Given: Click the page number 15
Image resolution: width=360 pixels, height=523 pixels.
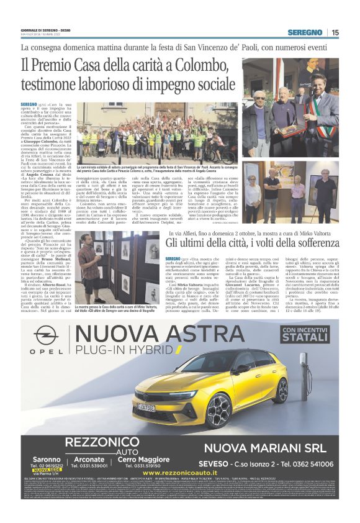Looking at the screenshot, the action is click(x=335, y=32).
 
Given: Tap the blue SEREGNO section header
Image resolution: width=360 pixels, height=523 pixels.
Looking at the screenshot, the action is click(x=305, y=32).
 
